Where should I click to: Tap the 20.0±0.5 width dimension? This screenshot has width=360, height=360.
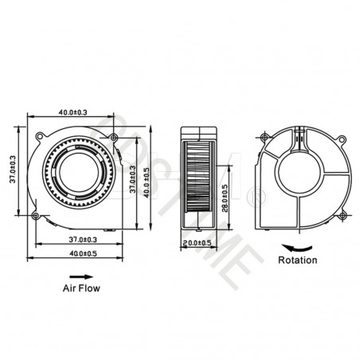click(195, 242)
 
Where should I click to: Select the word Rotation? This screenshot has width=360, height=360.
click(298, 260)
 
